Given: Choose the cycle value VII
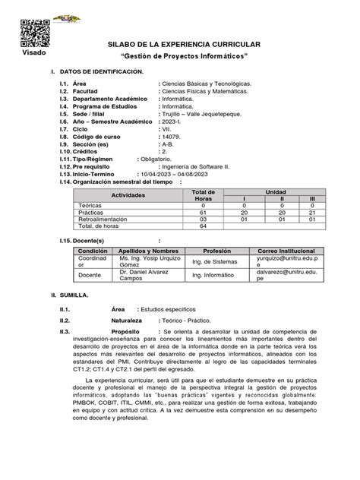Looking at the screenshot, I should click(166, 128).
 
